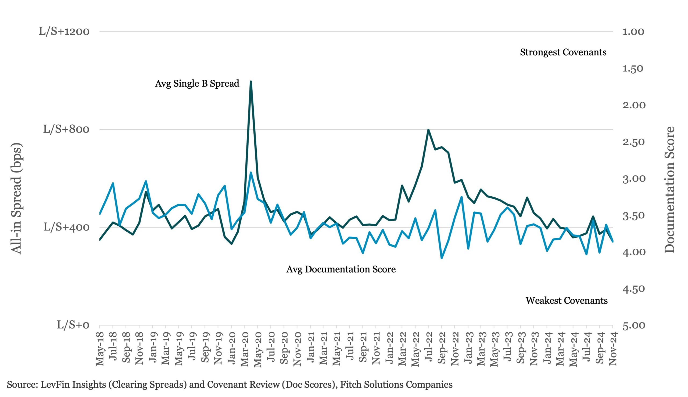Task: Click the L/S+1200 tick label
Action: click(x=64, y=32)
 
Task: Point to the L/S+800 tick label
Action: click(x=66, y=129)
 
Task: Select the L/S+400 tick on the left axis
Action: click(x=66, y=227)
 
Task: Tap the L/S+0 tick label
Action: click(x=73, y=325)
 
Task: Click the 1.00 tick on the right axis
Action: click(x=633, y=32)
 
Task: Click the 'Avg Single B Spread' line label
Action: click(x=197, y=84)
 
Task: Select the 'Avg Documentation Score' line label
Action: click(x=341, y=269)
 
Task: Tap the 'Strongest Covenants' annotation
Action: click(x=563, y=52)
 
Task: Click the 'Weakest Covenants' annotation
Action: click(x=567, y=301)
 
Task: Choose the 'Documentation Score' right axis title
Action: click(x=670, y=190)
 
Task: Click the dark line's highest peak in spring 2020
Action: click(x=251, y=82)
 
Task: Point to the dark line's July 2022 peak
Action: click(x=428, y=130)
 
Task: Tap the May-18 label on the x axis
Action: click(x=101, y=349)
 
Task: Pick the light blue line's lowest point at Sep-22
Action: click(x=442, y=258)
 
